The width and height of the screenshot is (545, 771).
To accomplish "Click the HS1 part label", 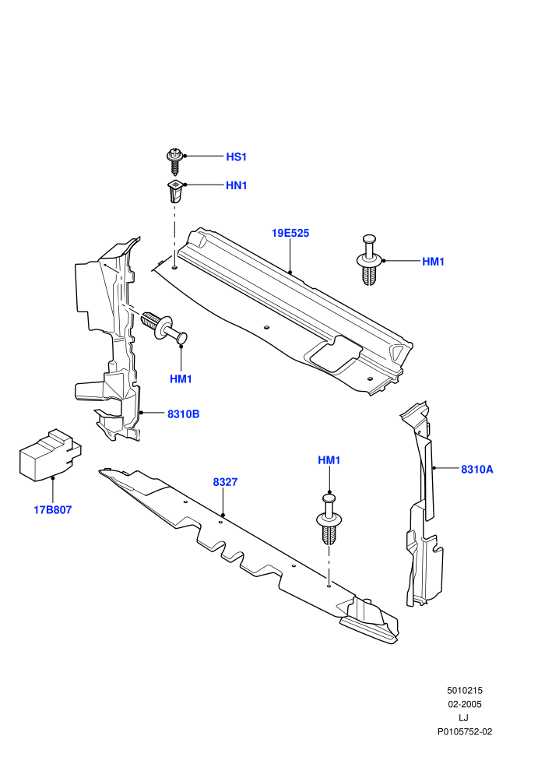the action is [236, 157].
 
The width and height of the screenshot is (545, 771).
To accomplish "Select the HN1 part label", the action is [236, 185].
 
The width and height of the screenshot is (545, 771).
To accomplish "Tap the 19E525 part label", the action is [290, 233].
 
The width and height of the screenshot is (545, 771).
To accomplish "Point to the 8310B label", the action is [183, 414].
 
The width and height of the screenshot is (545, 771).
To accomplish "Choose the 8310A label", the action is [476, 469].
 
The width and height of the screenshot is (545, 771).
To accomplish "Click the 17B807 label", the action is [53, 510].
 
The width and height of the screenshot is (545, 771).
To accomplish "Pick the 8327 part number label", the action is [225, 482].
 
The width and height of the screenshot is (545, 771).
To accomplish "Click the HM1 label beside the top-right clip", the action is [433, 262].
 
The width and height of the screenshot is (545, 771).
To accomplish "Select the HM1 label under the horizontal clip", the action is [181, 379].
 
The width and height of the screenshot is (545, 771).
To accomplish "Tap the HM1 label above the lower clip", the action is [329, 460].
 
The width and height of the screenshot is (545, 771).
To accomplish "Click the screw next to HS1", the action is [174, 160].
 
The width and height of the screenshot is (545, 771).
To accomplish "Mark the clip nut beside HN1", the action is [174, 192].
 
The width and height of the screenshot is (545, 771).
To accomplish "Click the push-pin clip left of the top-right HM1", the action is [368, 259].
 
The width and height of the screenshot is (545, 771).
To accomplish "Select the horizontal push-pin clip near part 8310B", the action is [164, 326].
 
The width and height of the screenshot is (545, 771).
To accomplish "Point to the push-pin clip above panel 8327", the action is [329, 519].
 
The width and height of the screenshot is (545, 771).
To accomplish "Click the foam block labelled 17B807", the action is [50, 454].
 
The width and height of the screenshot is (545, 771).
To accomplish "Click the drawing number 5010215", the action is [464, 690].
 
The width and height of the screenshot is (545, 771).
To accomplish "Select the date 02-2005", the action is [464, 704].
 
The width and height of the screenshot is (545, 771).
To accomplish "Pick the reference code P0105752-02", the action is [464, 731].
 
